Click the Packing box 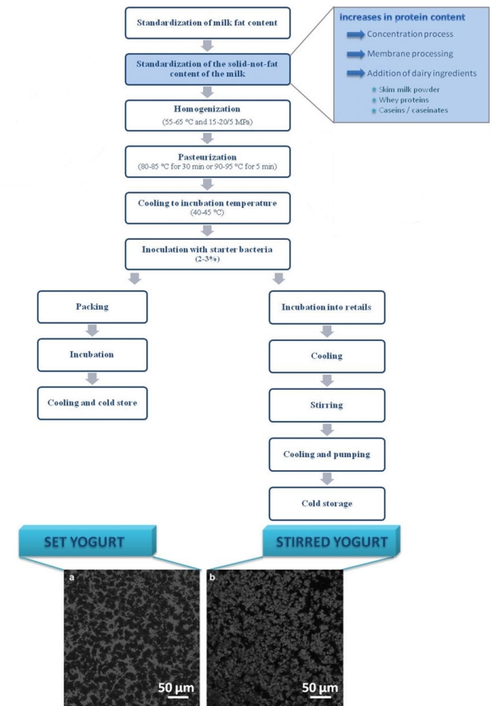coord(93,307)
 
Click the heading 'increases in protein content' coord(392,15)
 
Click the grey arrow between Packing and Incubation coord(93,331)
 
